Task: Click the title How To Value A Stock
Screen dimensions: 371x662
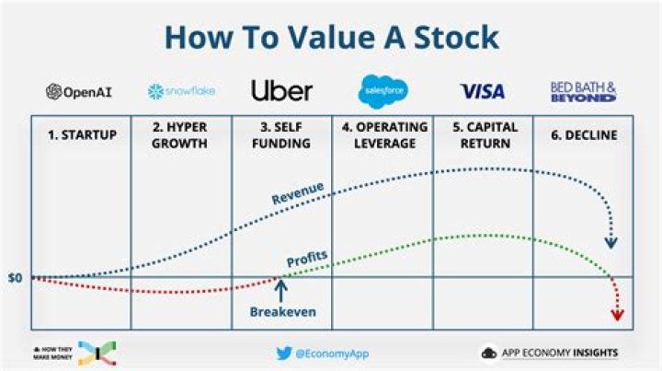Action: click(x=331, y=37)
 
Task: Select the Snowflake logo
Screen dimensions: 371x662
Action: click(x=181, y=92)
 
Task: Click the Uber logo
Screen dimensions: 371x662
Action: click(x=281, y=90)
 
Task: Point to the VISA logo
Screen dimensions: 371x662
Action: click(x=483, y=91)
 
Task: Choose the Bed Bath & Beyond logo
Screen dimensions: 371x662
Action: click(x=583, y=91)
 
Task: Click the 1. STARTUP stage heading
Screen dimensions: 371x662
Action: click(x=82, y=135)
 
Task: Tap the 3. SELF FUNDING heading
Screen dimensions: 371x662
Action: click(x=281, y=135)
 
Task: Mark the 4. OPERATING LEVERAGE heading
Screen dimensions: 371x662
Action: click(x=381, y=135)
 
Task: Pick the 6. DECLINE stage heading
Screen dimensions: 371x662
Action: click(x=582, y=135)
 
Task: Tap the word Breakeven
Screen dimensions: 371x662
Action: click(x=282, y=312)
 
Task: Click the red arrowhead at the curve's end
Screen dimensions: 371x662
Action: click(x=617, y=315)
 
